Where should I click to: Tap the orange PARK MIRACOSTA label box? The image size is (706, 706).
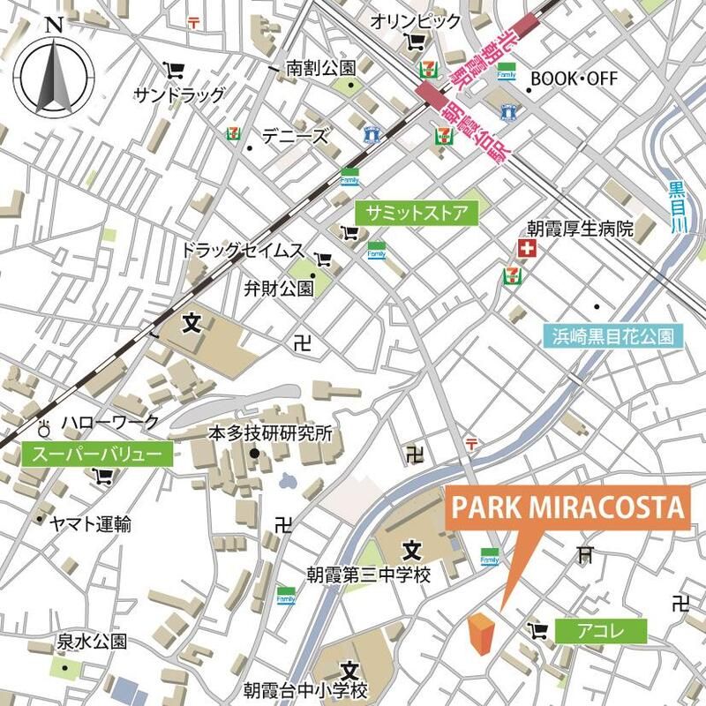pos(567,509)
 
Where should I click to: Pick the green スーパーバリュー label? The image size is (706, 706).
pos(96,455)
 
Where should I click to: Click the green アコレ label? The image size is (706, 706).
pos(602,630)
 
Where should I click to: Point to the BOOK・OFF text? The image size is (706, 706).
pos(574,79)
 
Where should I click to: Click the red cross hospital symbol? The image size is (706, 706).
pos(527,252)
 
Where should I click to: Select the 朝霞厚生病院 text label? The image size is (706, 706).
pos(581,229)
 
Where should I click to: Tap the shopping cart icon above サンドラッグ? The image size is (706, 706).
pos(174,69)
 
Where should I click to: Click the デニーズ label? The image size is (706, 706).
pos(294,137)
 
